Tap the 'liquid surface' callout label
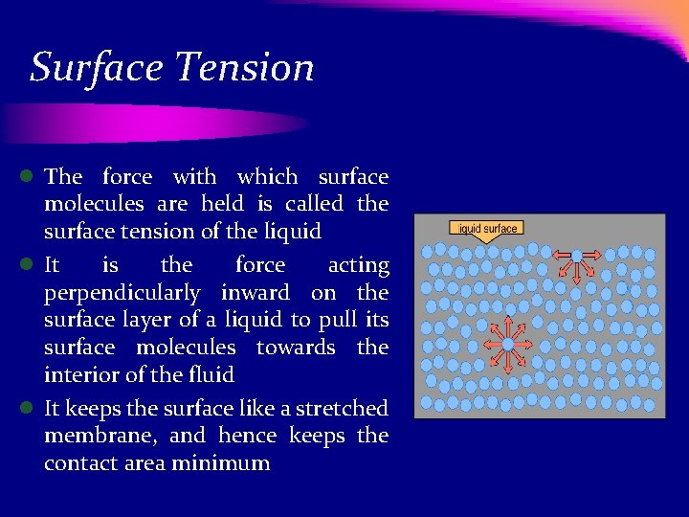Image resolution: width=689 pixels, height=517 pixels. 487,229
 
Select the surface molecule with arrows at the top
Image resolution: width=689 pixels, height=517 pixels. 577,255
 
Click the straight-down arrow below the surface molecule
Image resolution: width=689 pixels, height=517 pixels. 577,273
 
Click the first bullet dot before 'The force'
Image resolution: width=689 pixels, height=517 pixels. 29,176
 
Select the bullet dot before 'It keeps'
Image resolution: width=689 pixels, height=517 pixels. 29,409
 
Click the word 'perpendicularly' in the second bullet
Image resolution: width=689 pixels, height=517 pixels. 122,293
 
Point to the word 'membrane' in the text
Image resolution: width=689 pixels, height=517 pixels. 101,437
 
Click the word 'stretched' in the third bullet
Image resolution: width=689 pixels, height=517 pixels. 342,409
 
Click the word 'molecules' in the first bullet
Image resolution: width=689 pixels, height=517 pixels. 94,204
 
